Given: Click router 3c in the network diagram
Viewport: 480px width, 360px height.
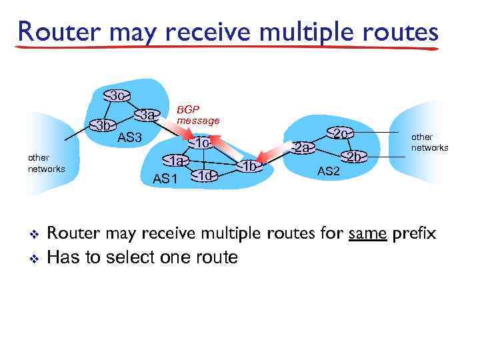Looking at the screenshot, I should point(117,96).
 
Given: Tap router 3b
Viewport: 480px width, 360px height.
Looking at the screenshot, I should point(102,125).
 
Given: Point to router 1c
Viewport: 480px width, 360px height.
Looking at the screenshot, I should point(202,144).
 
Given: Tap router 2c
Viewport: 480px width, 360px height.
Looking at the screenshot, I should point(341,133).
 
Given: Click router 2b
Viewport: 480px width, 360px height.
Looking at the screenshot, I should point(355,157).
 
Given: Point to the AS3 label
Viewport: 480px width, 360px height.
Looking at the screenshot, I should point(130,138).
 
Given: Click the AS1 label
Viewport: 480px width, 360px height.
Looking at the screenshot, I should point(165,178).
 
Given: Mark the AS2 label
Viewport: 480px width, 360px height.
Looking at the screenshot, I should point(329,171).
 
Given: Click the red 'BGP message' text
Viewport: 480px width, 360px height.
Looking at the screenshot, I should point(197,115).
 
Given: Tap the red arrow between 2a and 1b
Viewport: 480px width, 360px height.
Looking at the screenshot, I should point(277,157).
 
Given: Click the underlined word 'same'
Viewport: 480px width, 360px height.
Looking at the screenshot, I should point(369,234).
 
